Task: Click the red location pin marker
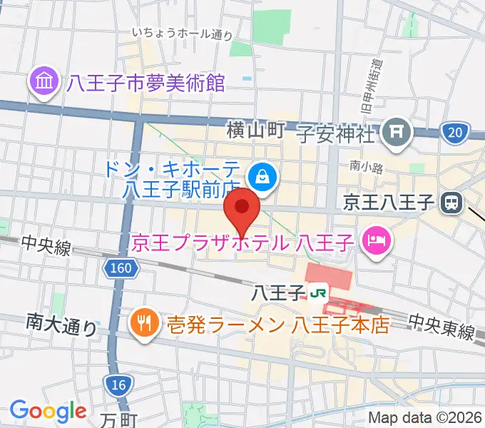[x=242, y=208]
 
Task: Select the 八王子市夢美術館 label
[x=146, y=84]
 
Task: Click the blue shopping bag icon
[x=262, y=175]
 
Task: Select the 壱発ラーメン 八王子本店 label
[x=277, y=325]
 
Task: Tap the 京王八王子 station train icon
[x=451, y=203]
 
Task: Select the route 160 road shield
[x=121, y=268]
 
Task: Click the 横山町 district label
[x=256, y=130]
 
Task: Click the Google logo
[x=48, y=410]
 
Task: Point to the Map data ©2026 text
[x=424, y=418]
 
